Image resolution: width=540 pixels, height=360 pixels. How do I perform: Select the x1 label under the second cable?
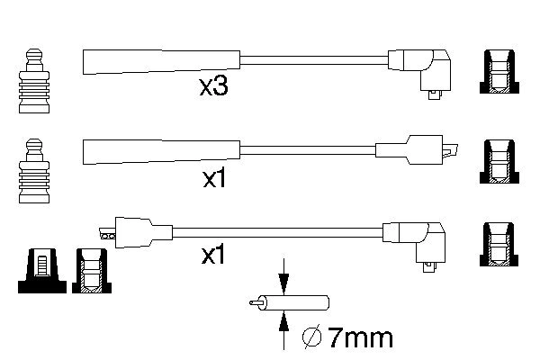pos(213,178)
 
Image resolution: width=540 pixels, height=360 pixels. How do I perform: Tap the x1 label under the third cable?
pos(213,256)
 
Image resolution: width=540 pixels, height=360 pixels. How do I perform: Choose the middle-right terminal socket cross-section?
pos(500,162)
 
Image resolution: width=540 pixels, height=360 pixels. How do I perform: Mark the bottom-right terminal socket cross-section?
pos(500,244)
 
